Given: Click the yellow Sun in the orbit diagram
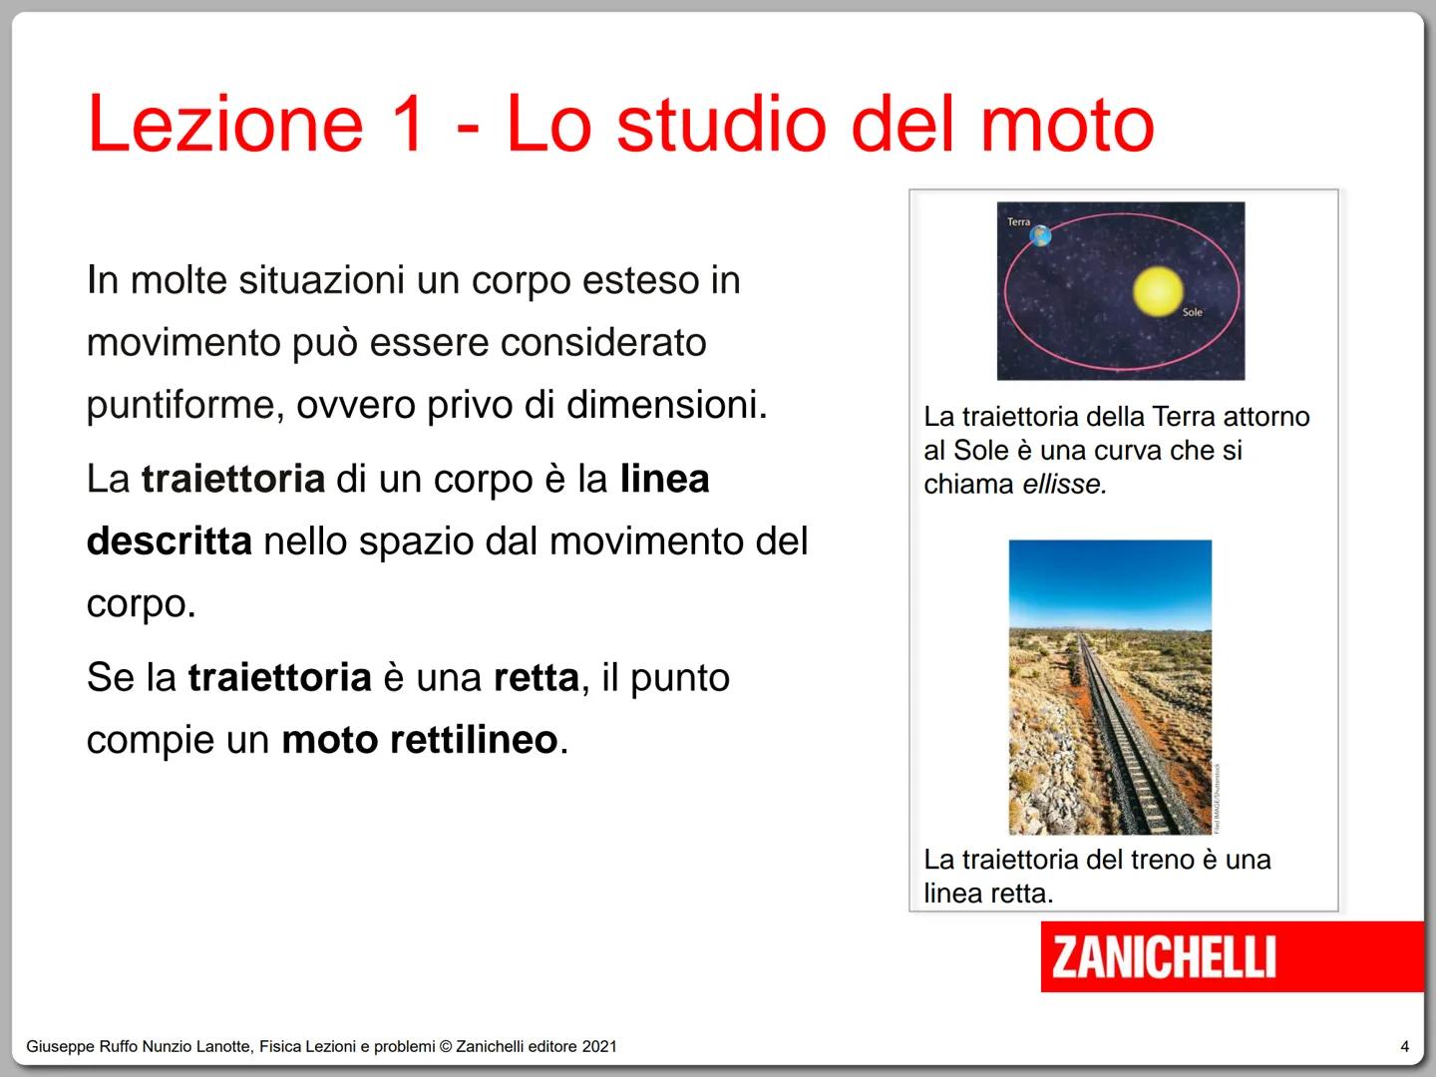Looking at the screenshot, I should pos(1158,292).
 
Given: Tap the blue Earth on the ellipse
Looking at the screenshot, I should pos(1040,236).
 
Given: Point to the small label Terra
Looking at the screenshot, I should pos(1018,222).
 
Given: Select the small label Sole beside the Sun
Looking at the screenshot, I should pos(1192,312).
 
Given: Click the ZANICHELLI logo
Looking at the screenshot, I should pos(1164,956).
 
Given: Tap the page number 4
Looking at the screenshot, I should pos(1405,1046).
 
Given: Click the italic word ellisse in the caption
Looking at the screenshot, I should pos(1064,485).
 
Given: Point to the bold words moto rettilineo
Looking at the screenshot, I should pos(419,740).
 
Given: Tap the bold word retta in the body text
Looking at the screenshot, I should pos(537,678).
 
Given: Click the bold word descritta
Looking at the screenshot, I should pos(170,541).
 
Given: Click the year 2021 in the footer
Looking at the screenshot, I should pos(599,1046).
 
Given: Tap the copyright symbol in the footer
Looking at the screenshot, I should pos(446,1046).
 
